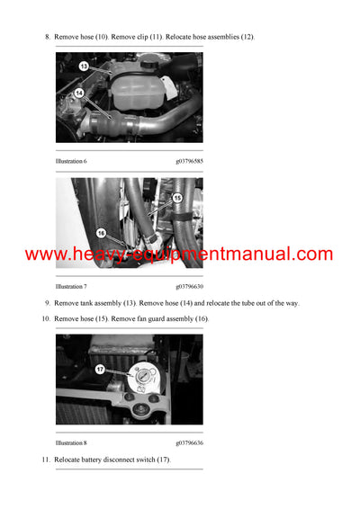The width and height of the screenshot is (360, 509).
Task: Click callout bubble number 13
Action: point(83,66)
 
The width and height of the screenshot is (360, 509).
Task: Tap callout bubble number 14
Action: point(79,93)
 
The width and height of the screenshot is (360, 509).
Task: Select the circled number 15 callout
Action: point(177,197)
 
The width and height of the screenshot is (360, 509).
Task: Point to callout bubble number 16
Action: point(101,231)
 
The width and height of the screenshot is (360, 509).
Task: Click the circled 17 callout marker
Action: point(99,368)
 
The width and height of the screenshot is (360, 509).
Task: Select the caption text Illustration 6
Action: point(71,161)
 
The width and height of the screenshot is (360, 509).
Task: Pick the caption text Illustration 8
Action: point(71,442)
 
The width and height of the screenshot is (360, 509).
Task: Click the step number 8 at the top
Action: point(47,37)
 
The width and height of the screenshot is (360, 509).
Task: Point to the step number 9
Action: point(47,303)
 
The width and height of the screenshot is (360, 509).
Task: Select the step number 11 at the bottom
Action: point(45,460)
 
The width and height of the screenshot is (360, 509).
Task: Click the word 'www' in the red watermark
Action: point(43,254)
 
